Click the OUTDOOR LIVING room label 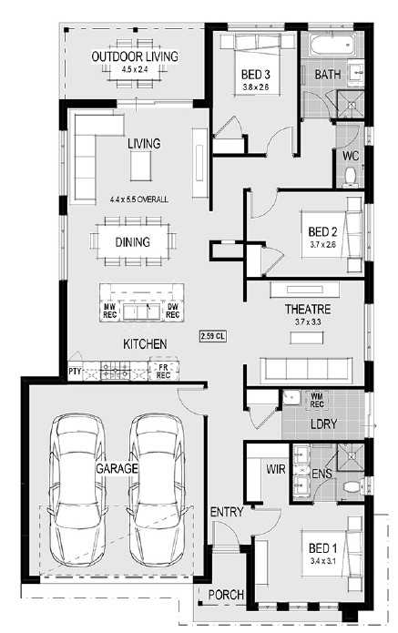[x=135, y=56]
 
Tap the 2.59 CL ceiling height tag [x=213, y=336]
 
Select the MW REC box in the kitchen [x=110, y=311]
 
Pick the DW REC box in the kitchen [x=172, y=311]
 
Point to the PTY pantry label [x=75, y=372]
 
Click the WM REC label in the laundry [x=317, y=399]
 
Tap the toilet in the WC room [x=350, y=178]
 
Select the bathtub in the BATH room [x=332, y=45]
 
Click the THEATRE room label [x=308, y=310]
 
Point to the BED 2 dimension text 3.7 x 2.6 [x=323, y=244]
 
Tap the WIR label [x=276, y=469]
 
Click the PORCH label [x=226, y=595]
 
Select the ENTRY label [x=227, y=512]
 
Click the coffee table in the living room [x=141, y=166]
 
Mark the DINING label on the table [x=133, y=242]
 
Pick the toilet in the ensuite [x=354, y=486]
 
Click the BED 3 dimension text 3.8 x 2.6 [x=256, y=87]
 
